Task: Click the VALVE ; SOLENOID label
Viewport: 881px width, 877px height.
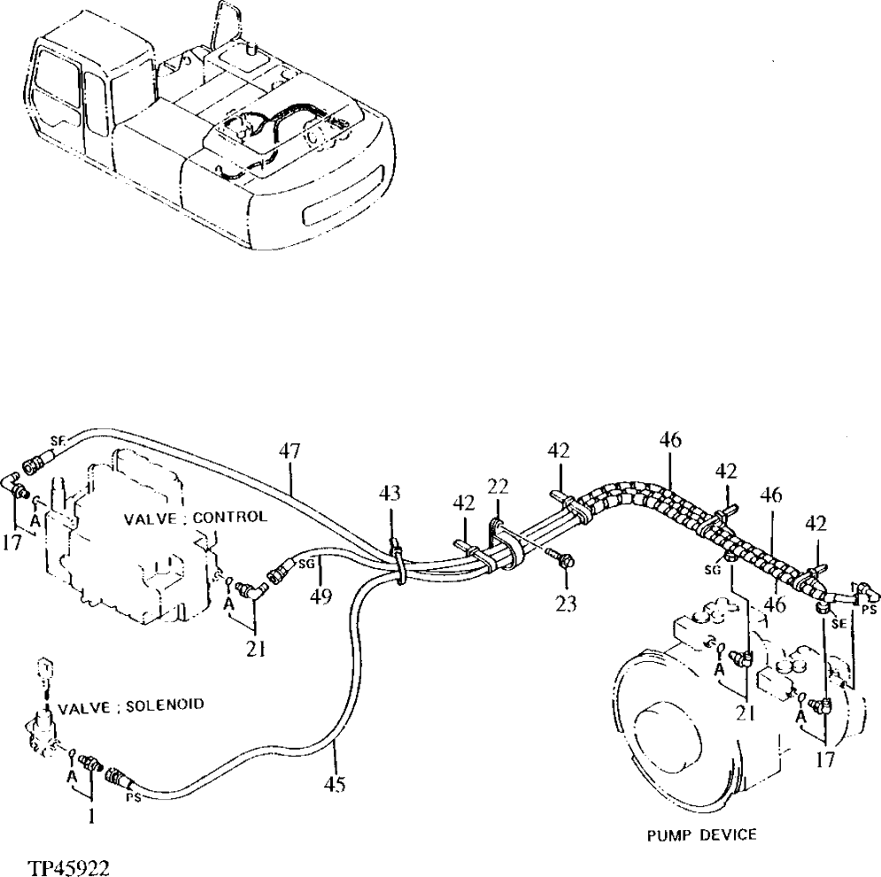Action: coord(131,704)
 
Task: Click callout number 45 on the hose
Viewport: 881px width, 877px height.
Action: coord(334,783)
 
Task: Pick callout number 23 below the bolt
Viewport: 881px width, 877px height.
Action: coord(566,604)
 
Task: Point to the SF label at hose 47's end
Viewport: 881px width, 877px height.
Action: coord(58,440)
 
